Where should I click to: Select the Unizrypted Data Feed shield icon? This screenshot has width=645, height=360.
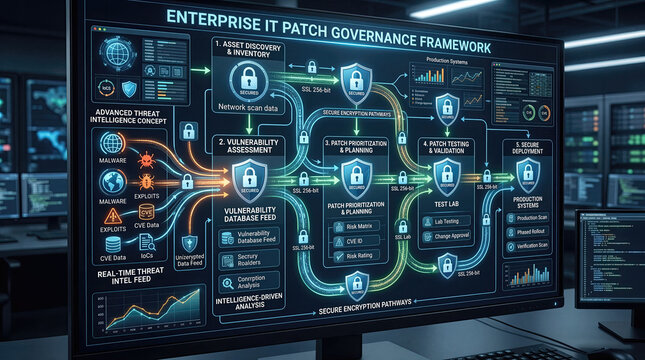click(x=189, y=243)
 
